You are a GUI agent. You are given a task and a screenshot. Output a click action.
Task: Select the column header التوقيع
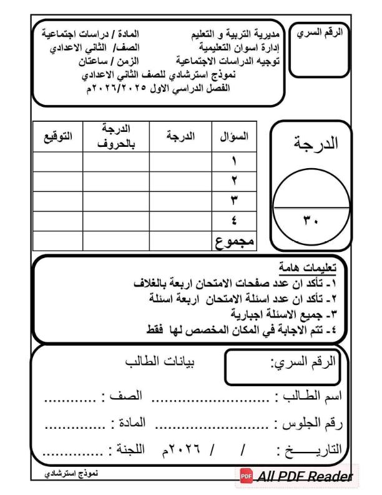pyautogui.click(x=57, y=137)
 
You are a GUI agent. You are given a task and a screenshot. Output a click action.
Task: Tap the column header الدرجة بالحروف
pyautogui.click(x=116, y=137)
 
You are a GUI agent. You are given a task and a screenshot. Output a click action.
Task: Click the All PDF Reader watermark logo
pyautogui.click(x=295, y=477)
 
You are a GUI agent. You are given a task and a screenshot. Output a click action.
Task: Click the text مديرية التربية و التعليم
pyautogui.click(x=235, y=32)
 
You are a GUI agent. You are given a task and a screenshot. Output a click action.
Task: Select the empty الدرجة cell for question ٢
pyautogui.click(x=181, y=181)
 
